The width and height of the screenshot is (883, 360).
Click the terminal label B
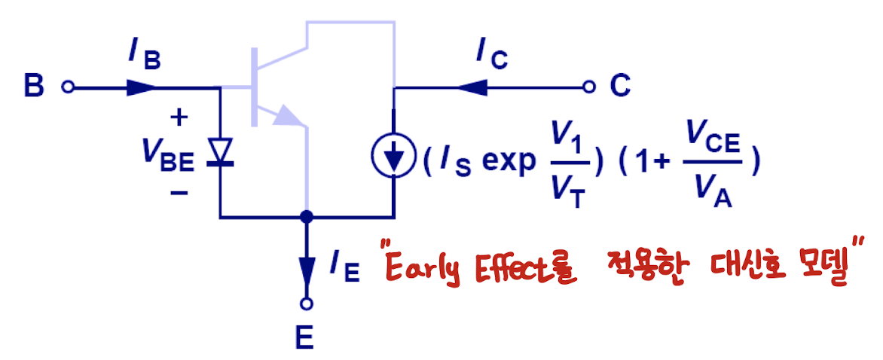[34, 87]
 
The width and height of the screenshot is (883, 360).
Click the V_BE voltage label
[166, 154]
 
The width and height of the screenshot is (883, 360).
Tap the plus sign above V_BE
[179, 117]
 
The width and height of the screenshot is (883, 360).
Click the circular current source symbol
[393, 156]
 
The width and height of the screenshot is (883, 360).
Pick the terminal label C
[619, 87]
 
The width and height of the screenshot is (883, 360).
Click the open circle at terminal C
[588, 87]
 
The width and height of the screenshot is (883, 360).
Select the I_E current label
[344, 267]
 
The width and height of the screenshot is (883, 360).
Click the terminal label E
[304, 339]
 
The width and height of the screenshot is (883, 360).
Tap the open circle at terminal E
[306, 304]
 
